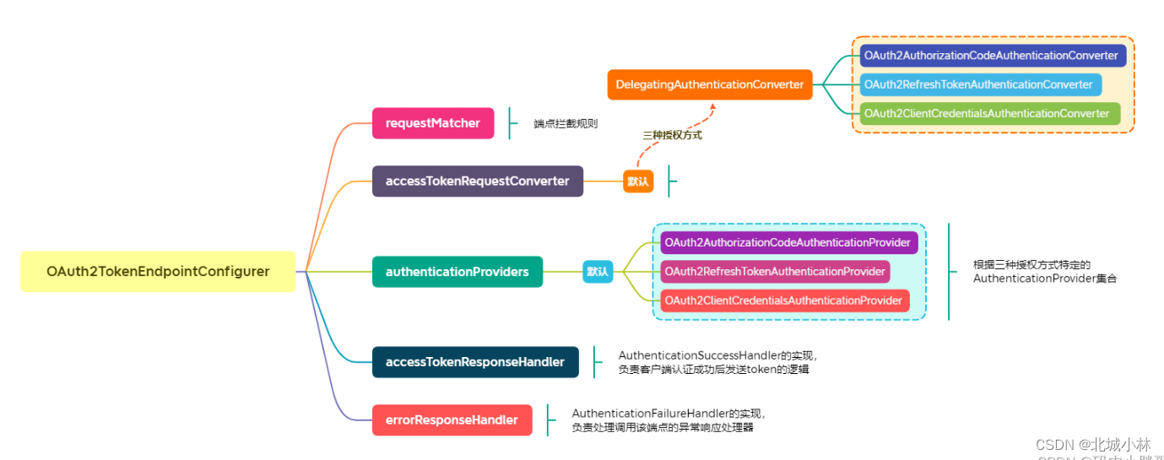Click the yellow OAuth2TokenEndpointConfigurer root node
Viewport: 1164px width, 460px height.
(158, 272)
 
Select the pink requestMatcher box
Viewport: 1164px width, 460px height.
(432, 123)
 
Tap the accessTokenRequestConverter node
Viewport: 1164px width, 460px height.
(477, 181)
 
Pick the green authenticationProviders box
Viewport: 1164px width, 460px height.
(457, 272)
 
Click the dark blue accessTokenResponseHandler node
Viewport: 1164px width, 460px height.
(474, 362)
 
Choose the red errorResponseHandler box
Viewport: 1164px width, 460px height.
(452, 420)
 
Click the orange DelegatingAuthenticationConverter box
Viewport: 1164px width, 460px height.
(709, 84)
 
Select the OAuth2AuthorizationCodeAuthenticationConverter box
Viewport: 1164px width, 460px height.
(992, 56)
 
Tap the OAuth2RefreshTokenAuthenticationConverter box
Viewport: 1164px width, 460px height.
(980, 84)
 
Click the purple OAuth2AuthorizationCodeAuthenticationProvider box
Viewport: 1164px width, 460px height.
(788, 243)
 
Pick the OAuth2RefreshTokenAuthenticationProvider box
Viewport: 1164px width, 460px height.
(774, 272)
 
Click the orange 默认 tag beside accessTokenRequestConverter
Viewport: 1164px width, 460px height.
(638, 181)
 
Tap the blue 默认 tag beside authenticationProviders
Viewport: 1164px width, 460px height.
(598, 272)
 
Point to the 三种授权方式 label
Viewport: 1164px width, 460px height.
(672, 135)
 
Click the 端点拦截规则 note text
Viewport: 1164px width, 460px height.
(566, 124)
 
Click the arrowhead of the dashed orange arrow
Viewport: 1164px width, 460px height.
(712, 107)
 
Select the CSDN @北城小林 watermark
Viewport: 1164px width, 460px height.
(1092, 445)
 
